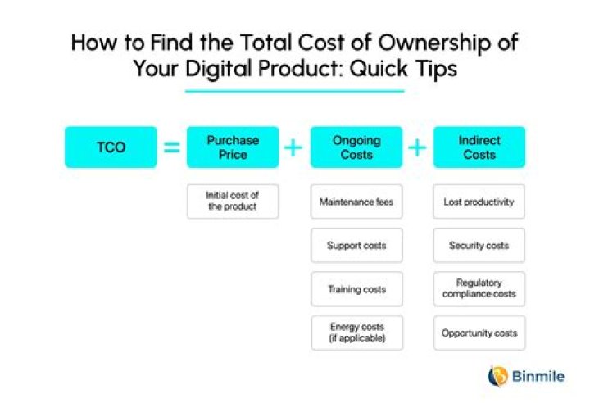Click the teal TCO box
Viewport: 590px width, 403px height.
111,147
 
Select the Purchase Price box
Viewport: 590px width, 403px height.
233,147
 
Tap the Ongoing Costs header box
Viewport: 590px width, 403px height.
356,147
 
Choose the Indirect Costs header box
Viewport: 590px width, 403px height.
479,147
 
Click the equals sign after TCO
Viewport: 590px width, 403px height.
171,147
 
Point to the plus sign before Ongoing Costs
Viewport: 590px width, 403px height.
293,147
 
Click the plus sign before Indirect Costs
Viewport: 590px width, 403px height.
417,147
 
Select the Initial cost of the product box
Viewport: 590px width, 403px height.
233,201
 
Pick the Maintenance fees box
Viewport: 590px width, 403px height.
356,201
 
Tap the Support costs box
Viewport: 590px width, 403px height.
356,246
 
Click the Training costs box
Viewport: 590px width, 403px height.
356,289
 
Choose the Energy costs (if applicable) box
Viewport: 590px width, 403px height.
356,333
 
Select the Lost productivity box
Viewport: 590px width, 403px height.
479,201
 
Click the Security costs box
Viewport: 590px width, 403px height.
479,246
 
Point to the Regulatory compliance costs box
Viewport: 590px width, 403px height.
479,289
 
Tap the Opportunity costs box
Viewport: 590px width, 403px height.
479,333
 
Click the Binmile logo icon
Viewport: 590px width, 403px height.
497,376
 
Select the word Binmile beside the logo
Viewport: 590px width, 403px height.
536,377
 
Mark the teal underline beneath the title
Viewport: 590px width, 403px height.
294,90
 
